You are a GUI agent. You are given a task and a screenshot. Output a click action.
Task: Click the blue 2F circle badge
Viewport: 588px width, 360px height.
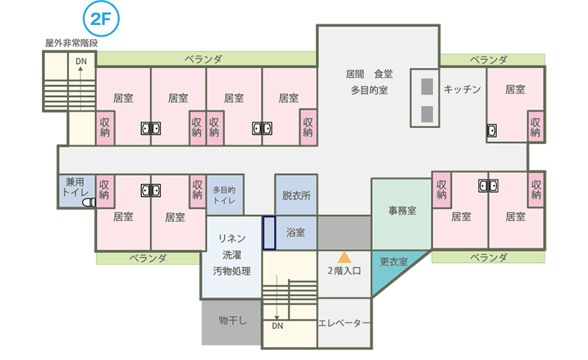[101, 19]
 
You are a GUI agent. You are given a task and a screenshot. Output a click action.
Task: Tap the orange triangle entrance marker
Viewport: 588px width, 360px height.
[344, 257]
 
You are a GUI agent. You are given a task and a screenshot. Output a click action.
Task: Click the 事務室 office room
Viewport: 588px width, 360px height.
[401, 214]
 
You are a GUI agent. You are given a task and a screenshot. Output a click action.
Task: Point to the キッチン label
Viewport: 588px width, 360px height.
[462, 89]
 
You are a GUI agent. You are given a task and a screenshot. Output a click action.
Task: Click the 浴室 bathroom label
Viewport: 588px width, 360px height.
[296, 232]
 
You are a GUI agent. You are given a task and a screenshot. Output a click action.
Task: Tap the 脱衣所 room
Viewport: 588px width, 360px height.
[296, 195]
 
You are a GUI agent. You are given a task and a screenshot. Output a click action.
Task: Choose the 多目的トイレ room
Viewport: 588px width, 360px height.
[225, 195]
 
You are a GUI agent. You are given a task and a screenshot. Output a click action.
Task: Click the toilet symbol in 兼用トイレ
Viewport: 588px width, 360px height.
[89, 203]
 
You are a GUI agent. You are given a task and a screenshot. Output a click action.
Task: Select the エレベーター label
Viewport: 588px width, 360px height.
[344, 323]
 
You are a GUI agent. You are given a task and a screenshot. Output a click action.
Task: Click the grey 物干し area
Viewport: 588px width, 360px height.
[232, 322]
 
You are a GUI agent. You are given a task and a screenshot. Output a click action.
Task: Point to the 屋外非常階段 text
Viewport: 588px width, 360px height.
[71, 43]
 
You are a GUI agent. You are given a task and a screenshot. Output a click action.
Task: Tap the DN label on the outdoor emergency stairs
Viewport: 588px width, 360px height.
[81, 61]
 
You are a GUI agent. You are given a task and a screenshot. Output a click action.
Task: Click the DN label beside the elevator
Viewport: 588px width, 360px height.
[278, 326]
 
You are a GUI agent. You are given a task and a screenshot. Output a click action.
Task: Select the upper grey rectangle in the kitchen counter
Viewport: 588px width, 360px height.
[427, 87]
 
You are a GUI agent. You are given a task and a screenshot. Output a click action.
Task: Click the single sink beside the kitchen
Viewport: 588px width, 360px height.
[492, 131]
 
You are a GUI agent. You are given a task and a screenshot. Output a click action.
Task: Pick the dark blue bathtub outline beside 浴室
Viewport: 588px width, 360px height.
[269, 233]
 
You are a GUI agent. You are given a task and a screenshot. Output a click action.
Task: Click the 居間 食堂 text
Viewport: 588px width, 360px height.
[370, 74]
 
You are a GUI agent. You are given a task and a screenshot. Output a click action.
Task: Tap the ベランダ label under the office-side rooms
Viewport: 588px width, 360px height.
[489, 258]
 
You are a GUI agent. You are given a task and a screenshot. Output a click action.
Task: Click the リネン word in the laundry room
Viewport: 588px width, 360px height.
[232, 239]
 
